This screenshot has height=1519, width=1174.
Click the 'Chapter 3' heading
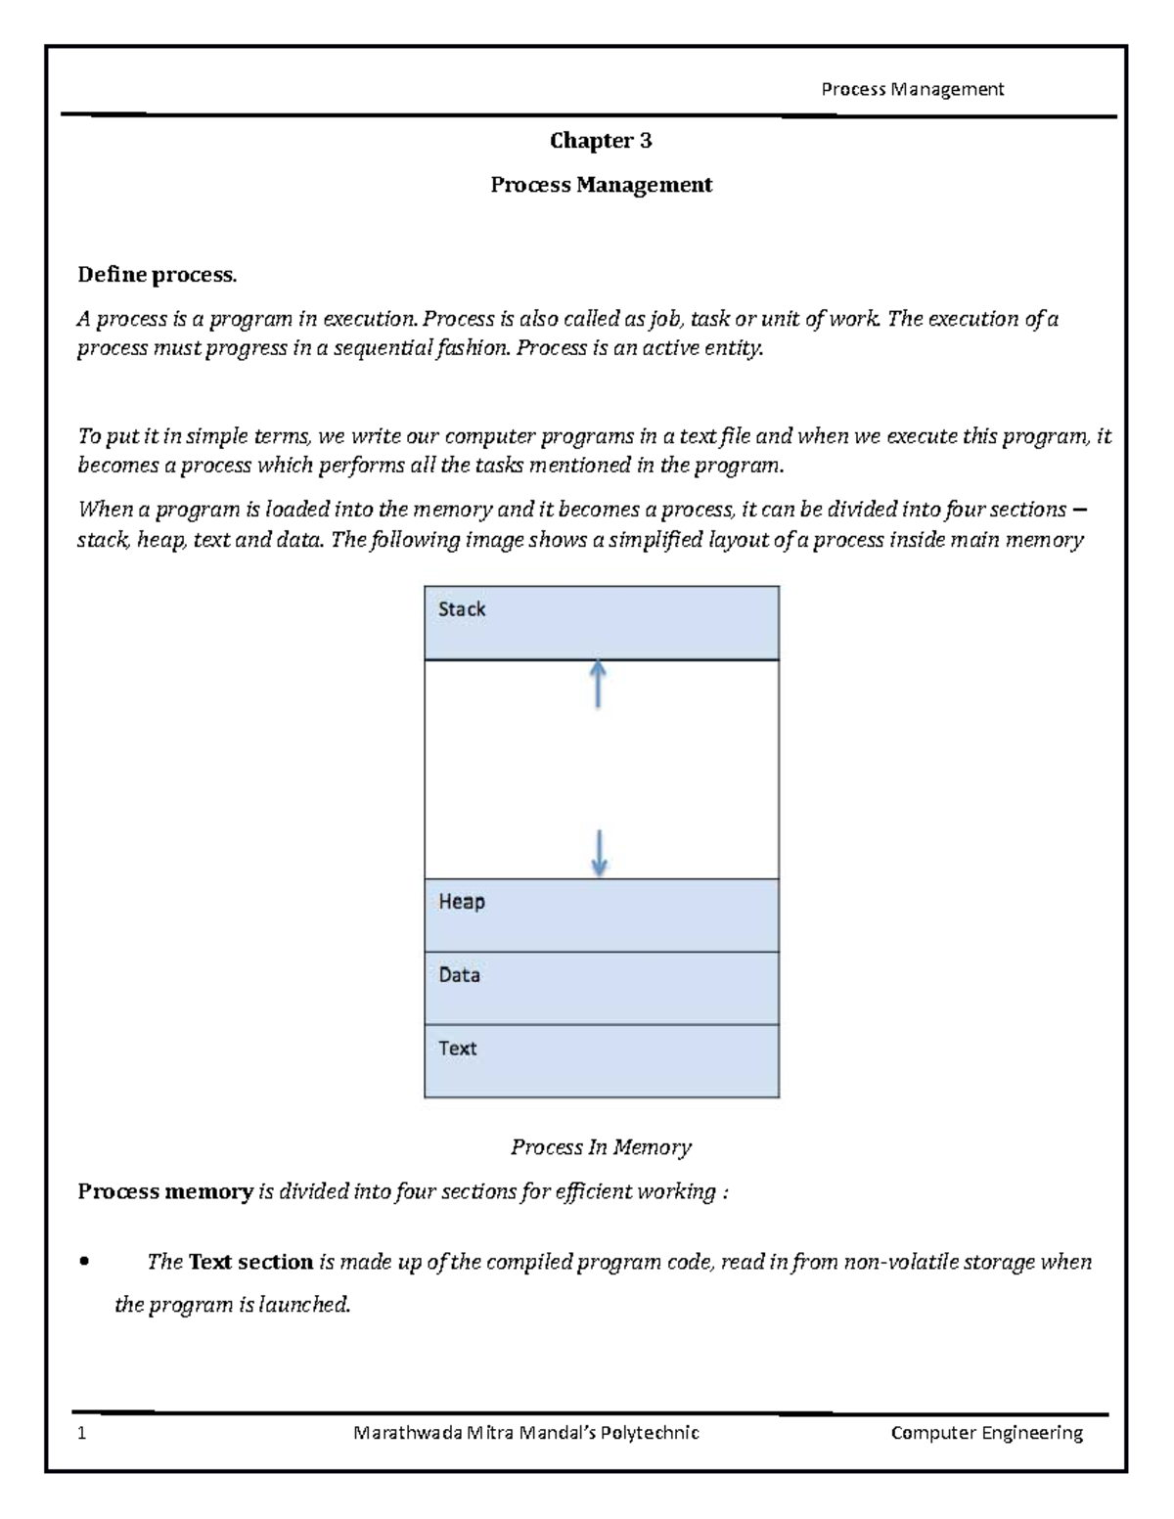[x=601, y=141]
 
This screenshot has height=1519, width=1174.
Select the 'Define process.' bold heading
[x=157, y=275]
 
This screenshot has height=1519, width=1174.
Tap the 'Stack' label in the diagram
[x=462, y=609]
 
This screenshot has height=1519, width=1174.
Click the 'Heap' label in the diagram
[x=461, y=902]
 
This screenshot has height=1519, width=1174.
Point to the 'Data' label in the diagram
[x=459, y=975]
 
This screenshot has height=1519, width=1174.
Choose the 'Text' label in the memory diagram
[x=457, y=1049]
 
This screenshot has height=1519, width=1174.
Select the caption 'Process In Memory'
[x=601, y=1147]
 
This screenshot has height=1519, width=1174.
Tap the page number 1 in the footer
[x=82, y=1434]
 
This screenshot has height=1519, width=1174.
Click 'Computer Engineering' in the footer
[x=986, y=1434]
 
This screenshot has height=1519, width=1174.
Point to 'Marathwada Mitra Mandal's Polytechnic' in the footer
[x=526, y=1434]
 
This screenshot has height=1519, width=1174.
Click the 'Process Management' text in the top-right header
[x=912, y=90]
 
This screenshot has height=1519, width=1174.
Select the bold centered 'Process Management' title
[x=601, y=185]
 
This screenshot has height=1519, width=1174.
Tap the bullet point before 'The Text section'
[x=84, y=1263]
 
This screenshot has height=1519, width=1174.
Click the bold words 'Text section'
[x=250, y=1263]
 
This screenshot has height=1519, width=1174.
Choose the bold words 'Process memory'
[x=165, y=1191]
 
